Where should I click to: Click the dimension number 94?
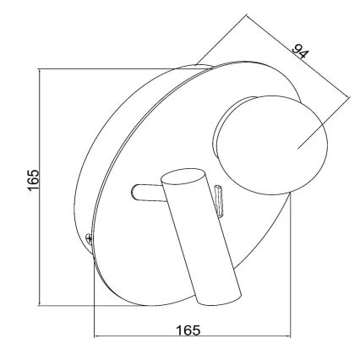pyautogui.click(x=300, y=52)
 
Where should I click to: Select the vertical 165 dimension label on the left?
pyautogui.click(x=33, y=180)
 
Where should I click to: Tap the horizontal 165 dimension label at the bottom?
pyautogui.click(x=188, y=330)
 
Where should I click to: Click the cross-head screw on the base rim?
pyautogui.click(x=89, y=238)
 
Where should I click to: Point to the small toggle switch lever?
pyautogui.click(x=219, y=201)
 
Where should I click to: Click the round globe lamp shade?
pyautogui.click(x=271, y=145)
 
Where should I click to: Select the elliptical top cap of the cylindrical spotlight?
pyautogui.click(x=183, y=177)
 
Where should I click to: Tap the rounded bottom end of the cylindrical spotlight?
pyautogui.click(x=219, y=297)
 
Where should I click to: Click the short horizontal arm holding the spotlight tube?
pyautogui.click(x=148, y=193)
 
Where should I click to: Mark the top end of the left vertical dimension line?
pyautogui.click(x=40, y=68)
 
